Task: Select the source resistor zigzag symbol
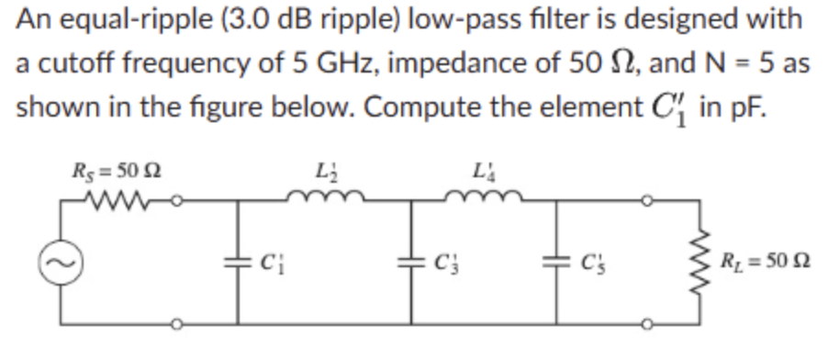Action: [x=112, y=197]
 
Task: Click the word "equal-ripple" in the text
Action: [x=113, y=20]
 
